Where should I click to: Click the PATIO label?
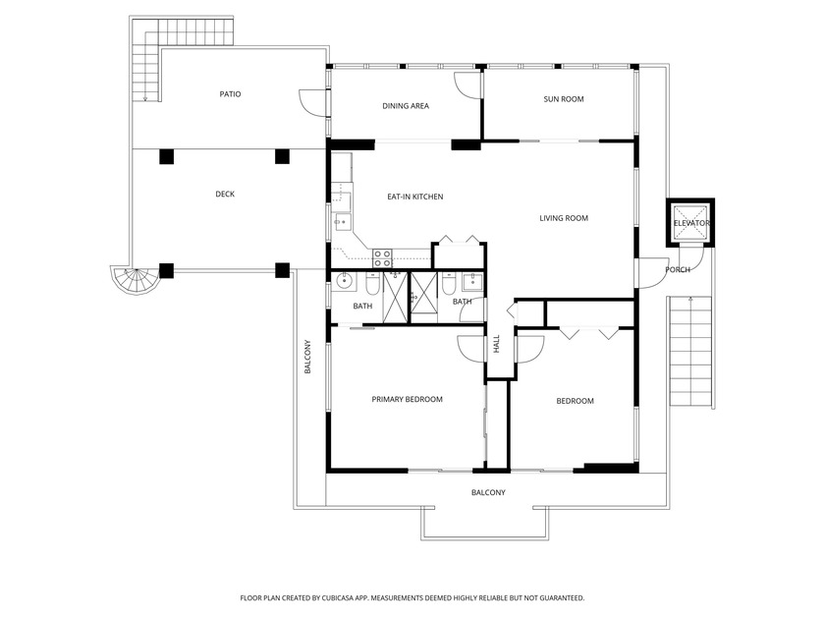[x=230, y=94]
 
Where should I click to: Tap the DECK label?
[x=225, y=195]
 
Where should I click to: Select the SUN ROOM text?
[x=564, y=99]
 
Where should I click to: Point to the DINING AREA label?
[x=405, y=106]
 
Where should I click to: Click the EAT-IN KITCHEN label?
[x=414, y=197]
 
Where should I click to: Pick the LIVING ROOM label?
[x=564, y=218]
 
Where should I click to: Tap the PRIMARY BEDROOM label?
[x=407, y=400]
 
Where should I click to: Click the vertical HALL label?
[x=497, y=345]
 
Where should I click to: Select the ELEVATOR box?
[x=690, y=223]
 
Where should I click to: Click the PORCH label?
[x=677, y=269]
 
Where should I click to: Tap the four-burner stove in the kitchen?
[x=382, y=258]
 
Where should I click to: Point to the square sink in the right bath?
[x=471, y=283]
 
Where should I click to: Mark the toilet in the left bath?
[x=372, y=285]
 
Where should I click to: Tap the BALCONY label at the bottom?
[x=488, y=492]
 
